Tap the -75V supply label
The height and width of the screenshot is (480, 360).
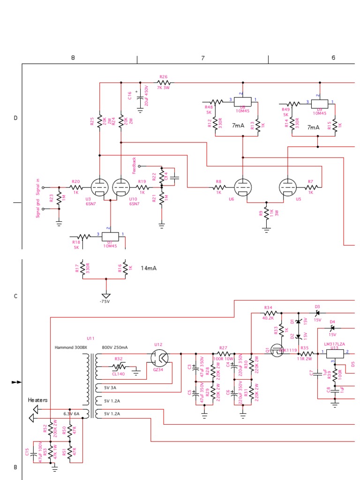105,301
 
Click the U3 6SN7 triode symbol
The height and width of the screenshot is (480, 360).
99,187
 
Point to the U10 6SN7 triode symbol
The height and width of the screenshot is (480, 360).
121,187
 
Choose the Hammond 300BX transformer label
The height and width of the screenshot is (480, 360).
71,348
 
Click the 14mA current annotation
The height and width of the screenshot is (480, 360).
149,268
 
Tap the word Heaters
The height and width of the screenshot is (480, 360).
38,400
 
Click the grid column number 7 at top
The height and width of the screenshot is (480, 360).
202,58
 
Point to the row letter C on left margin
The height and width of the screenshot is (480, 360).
15,296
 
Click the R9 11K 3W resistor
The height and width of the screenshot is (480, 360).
266,212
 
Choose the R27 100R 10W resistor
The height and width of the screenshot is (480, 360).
223,353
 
